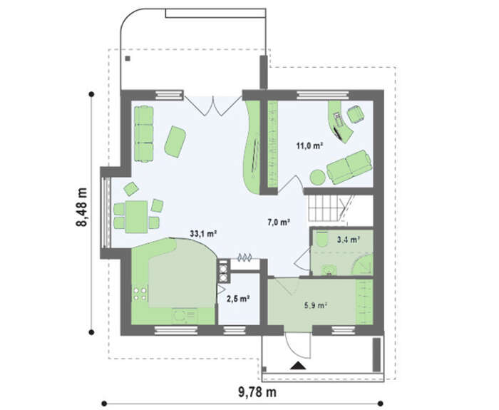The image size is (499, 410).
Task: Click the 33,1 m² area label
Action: point(203,234)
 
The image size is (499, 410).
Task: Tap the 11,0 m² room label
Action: point(309,146)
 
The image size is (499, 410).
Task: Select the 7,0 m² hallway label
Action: point(279,222)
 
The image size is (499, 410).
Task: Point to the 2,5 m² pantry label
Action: point(237,299)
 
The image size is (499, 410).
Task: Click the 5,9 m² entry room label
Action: point(316,306)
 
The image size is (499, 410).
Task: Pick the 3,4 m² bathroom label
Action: point(349,240)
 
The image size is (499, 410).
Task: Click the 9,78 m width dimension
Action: point(257,392)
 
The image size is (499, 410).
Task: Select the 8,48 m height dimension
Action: point(81,207)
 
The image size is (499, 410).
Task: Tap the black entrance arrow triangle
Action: point(298,366)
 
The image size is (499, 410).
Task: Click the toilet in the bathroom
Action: point(323,239)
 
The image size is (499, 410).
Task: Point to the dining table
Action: point(136,217)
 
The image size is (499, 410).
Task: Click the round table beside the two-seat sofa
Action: point(318,178)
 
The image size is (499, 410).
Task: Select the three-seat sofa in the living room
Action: point(144,134)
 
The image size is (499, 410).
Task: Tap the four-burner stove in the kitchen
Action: point(140,294)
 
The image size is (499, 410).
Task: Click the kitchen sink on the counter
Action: point(184,317)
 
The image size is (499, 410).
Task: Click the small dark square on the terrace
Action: point(128,58)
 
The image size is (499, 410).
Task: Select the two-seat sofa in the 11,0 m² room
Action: point(349,167)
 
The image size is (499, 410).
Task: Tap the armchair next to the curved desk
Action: point(356,114)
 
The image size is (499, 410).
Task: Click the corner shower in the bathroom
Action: point(364,265)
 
